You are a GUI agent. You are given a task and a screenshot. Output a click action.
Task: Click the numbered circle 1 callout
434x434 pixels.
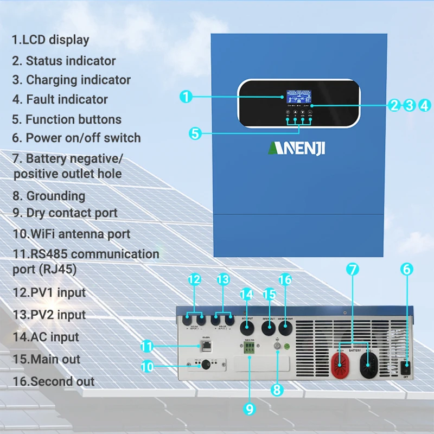186,97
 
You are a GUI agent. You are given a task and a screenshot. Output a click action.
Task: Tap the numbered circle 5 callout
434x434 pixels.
196,133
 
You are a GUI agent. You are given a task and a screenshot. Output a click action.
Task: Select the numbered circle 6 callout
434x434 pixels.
407,269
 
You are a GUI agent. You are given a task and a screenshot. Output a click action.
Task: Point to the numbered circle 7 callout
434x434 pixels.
353,269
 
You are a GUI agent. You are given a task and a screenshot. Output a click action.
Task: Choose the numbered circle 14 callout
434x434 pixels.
247,295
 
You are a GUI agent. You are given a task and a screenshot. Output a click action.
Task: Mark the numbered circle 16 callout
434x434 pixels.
285,280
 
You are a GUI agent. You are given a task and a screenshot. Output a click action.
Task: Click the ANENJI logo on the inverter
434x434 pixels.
296,148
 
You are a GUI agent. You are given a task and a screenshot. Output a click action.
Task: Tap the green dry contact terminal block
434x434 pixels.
250,350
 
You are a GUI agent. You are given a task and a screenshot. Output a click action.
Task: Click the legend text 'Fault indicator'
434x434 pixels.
60,99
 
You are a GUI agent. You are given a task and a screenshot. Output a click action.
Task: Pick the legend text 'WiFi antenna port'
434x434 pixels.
72,234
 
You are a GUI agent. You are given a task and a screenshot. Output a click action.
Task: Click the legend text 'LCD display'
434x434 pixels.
50,40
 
